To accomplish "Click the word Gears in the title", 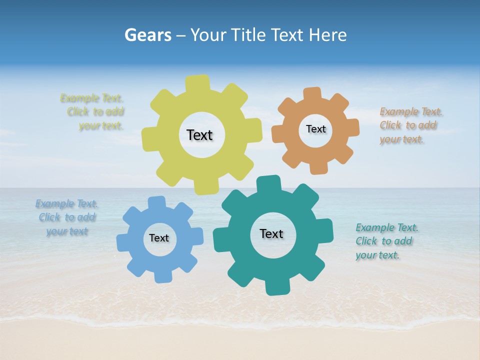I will (148, 35).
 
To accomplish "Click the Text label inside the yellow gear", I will (199, 135).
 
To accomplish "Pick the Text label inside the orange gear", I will (315, 129).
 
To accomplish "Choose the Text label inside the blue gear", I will (159, 238).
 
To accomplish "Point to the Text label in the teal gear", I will (271, 234).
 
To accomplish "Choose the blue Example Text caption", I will (66, 217).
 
